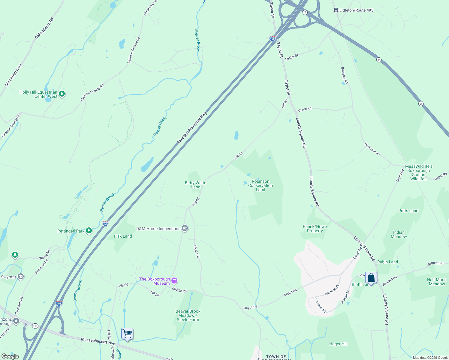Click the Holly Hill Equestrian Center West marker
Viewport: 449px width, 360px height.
(62, 94)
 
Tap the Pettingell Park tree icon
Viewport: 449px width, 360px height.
(89, 231)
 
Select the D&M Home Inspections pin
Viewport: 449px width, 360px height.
(185, 229)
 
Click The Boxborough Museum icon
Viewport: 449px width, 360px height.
(174, 281)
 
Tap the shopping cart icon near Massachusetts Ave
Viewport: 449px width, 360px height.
(127, 334)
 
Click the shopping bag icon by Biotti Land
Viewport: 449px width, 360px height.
(371, 278)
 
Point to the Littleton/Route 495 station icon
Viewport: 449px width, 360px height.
(336, 10)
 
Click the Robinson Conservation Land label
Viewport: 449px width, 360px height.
(261, 185)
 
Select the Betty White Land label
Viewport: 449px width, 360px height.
(195, 185)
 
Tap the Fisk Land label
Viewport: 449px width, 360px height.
(123, 236)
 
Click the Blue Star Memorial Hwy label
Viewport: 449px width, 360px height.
(192, 127)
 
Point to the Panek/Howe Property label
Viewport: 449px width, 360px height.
(315, 229)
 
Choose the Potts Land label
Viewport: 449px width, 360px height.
(408, 211)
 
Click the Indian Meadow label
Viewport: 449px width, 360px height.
(399, 234)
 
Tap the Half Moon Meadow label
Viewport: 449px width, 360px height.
(437, 282)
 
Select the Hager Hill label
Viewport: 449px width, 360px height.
(338, 344)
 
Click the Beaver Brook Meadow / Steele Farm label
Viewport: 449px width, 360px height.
(188, 315)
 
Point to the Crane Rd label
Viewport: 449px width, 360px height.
(305, 109)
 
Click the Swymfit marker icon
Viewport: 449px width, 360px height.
(21, 277)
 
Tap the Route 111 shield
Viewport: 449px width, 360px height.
(35, 326)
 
